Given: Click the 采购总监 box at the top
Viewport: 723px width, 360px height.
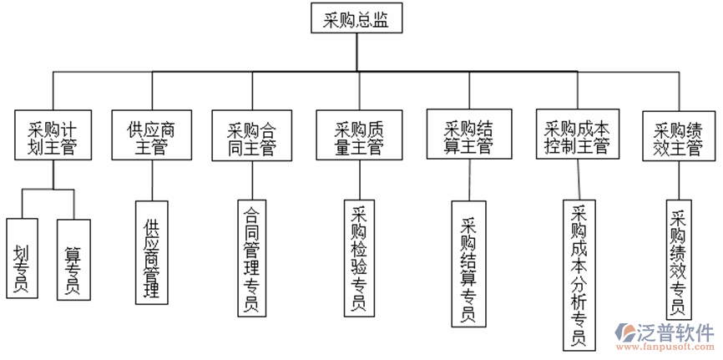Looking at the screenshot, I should click(x=356, y=18).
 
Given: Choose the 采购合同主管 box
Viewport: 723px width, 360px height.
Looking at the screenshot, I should click(x=251, y=136).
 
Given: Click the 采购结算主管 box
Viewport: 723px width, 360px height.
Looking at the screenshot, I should click(x=468, y=135).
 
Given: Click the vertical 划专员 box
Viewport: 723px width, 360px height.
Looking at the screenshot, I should click(x=21, y=258).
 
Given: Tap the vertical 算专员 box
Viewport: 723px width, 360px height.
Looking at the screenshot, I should click(x=73, y=258).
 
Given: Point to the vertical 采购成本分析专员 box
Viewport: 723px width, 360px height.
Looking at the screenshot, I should click(x=577, y=274).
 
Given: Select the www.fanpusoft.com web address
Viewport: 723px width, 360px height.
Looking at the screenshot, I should click(x=666, y=347).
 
